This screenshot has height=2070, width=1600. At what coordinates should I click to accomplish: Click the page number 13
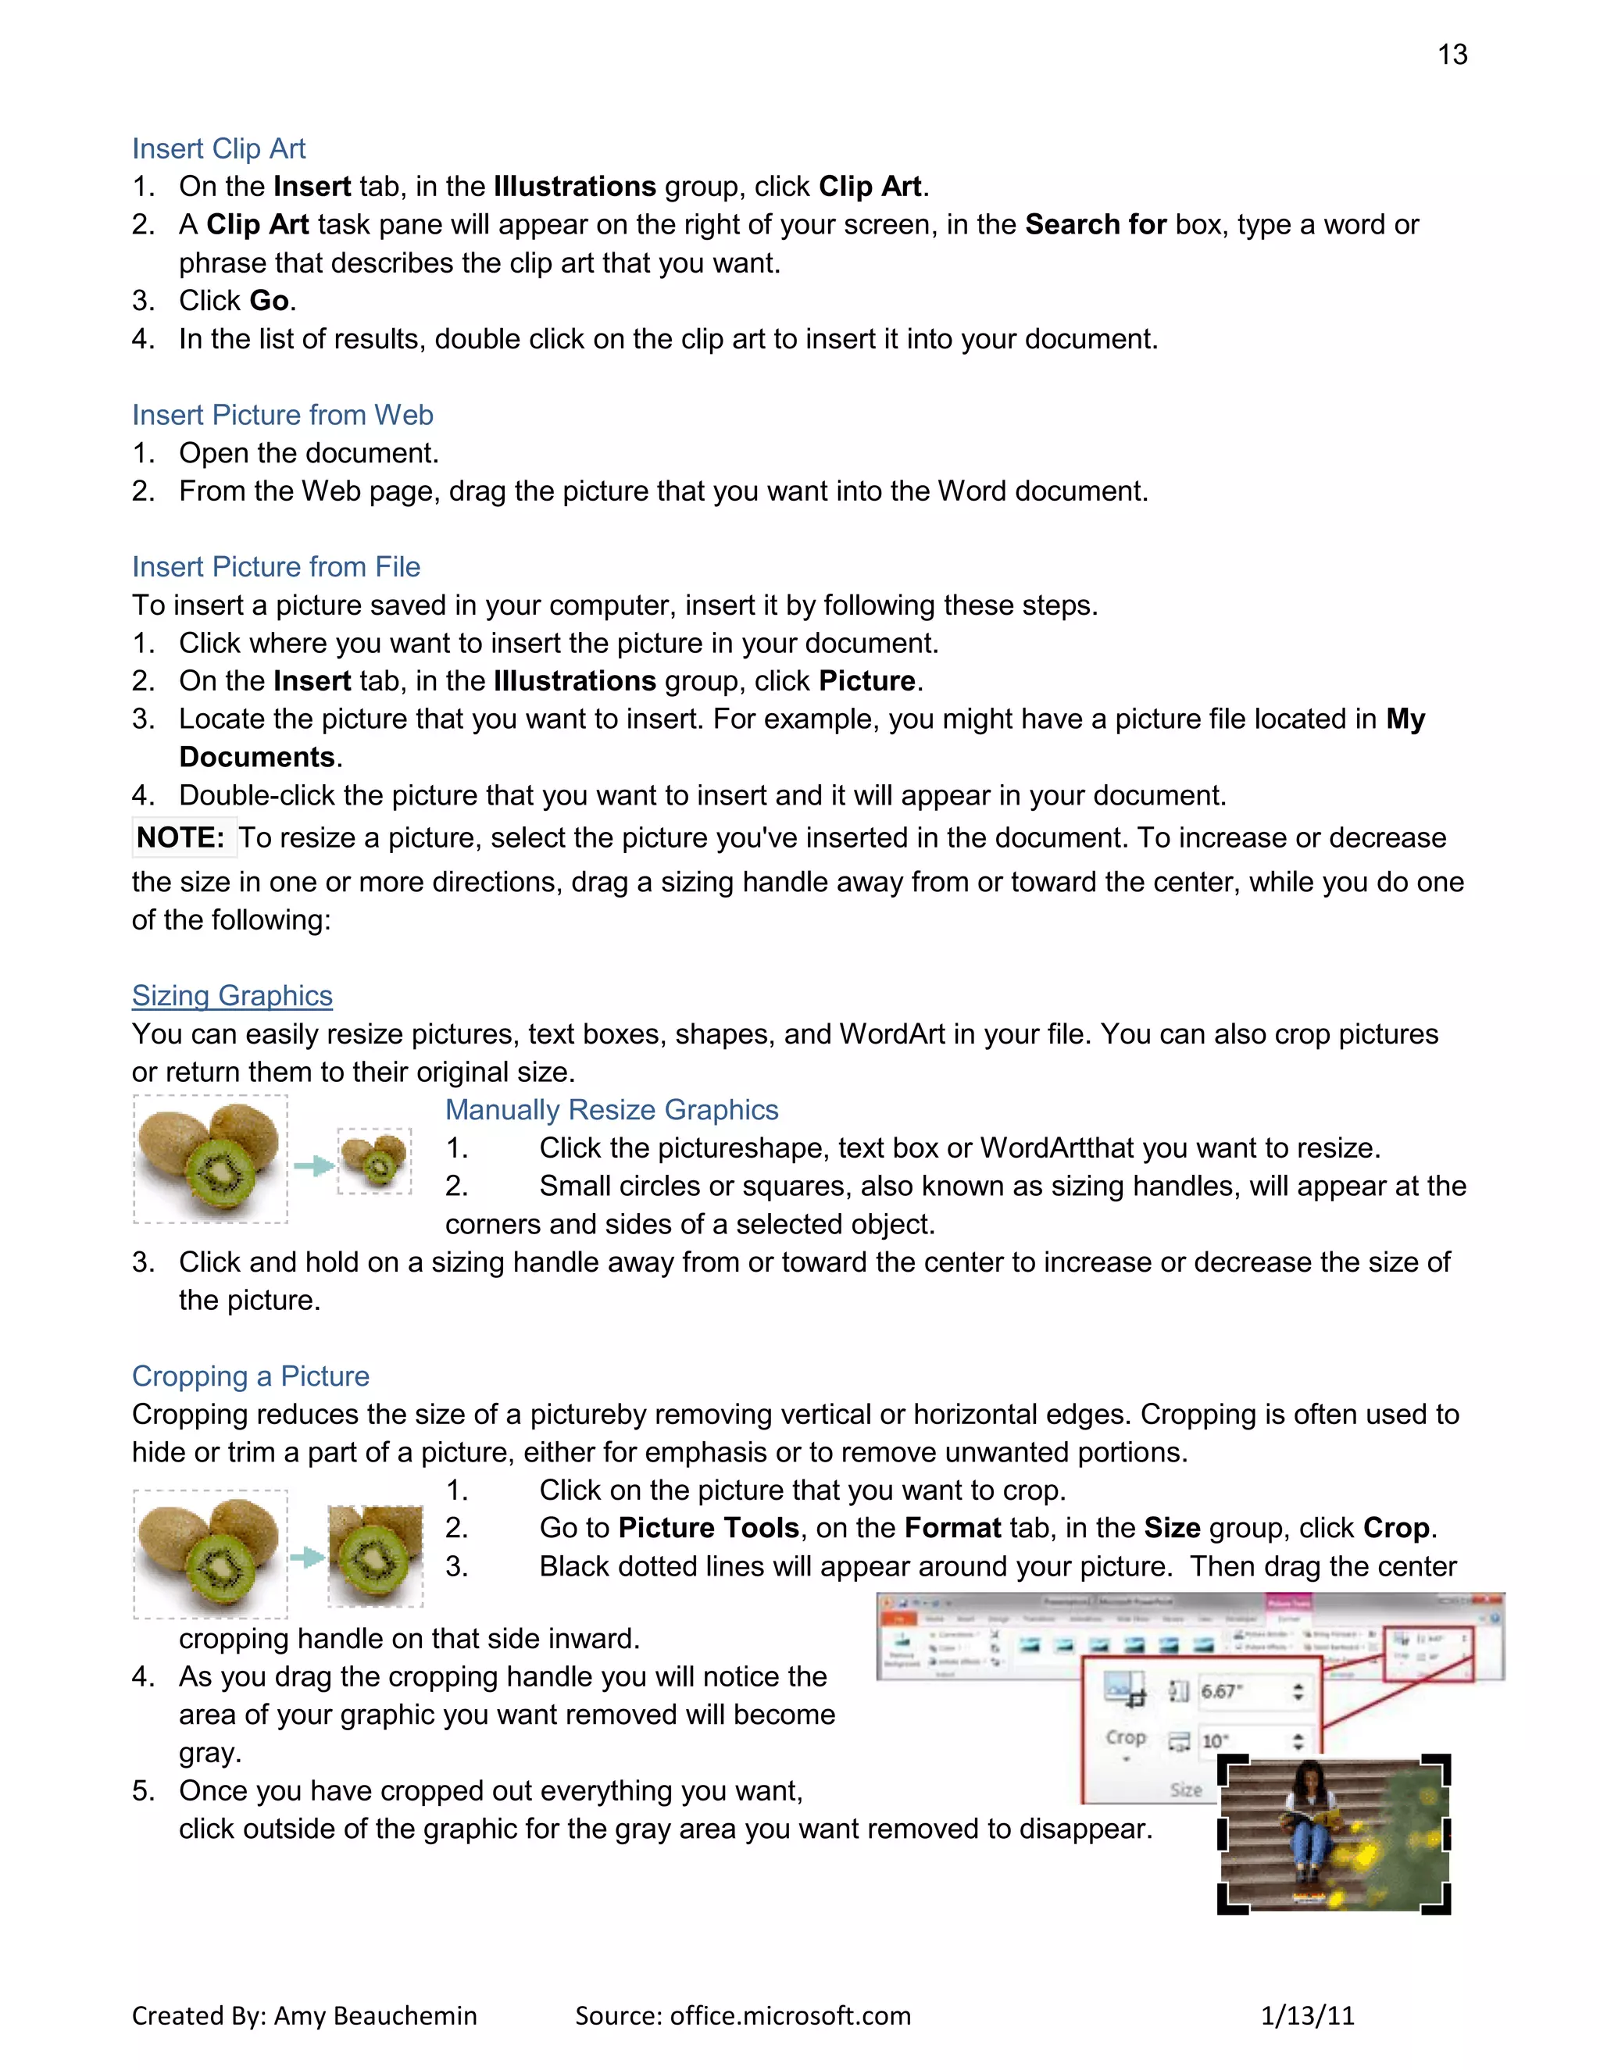point(1452,55)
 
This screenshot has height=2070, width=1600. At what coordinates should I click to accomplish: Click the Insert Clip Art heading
point(218,148)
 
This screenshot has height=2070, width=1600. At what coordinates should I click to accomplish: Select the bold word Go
point(268,301)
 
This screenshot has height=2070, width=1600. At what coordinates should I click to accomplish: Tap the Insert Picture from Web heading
point(283,415)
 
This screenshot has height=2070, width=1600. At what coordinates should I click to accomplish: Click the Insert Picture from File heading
point(276,567)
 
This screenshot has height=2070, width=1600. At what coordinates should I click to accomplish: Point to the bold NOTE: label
point(180,838)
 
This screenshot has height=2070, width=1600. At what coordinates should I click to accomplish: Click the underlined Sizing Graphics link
point(232,996)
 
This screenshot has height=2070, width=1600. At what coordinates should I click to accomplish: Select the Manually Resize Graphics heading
point(612,1110)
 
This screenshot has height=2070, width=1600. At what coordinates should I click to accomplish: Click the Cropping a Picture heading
point(250,1376)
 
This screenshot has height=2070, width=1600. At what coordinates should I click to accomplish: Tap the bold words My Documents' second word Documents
point(257,757)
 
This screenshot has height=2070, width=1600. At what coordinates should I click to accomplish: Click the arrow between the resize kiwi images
point(312,1165)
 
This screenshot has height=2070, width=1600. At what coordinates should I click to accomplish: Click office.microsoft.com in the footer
point(790,2016)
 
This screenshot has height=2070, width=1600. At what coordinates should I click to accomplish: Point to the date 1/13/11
point(1307,2016)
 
